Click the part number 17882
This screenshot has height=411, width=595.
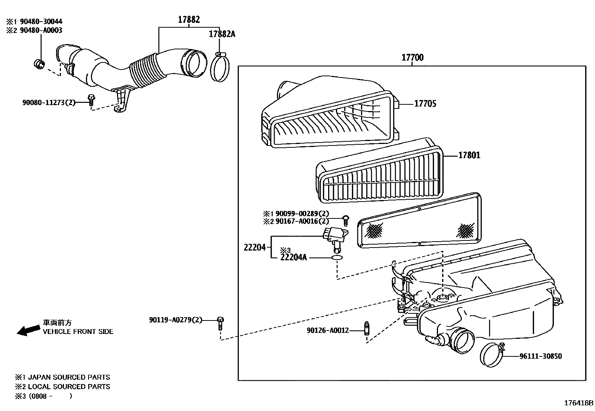189,20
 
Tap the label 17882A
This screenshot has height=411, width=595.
222,34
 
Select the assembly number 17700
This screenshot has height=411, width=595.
412,58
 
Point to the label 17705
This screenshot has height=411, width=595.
425,104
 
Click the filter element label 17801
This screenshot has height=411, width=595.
469,155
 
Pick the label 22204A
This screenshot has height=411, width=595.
293,257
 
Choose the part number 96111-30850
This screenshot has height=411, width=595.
540,356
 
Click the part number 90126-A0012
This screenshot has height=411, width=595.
328,330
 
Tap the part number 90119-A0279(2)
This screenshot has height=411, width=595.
175,320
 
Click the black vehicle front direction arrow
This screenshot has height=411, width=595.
29,330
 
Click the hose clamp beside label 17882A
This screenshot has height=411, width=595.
220,67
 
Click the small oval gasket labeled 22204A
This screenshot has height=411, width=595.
337,258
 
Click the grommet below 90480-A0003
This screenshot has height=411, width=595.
39,64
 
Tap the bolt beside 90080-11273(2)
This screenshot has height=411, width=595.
91,100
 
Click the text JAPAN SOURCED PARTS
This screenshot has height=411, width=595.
69,377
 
